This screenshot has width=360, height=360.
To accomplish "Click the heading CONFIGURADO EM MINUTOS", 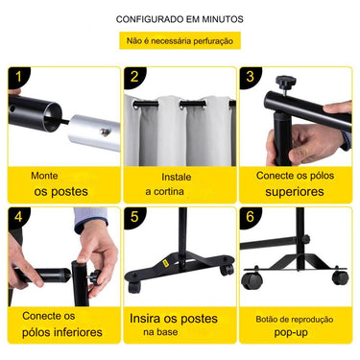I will (x=180, y=19).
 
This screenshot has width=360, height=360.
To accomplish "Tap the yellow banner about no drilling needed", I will (x=180, y=41).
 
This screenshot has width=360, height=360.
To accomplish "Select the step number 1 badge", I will (x=19, y=77).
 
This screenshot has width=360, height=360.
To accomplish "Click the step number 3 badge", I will (x=250, y=77).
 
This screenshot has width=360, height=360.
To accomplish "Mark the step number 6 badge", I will (x=250, y=218).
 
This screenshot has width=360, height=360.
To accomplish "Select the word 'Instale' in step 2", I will (x=177, y=177).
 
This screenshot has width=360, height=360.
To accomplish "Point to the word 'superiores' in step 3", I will (x=294, y=192).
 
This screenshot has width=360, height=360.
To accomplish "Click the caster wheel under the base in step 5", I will (x=137, y=286).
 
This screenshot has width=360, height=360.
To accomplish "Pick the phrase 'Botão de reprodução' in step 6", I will (x=294, y=318).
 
